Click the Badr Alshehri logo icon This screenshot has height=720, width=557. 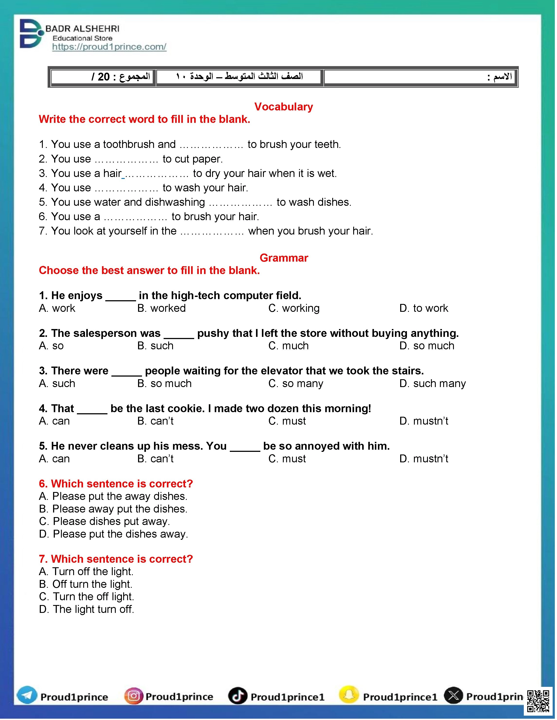click(30, 34)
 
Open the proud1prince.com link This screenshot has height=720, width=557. click(109, 47)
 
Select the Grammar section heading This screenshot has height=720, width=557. click(284, 258)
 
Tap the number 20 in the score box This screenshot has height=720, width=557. click(104, 77)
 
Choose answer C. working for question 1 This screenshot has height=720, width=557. click(294, 308)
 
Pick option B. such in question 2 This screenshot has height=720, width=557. click(155, 346)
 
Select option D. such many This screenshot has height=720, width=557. click(432, 383)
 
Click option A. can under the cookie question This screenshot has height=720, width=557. click(54, 421)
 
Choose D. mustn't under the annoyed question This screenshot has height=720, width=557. click(424, 459)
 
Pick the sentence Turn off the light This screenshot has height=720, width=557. click(86, 571)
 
